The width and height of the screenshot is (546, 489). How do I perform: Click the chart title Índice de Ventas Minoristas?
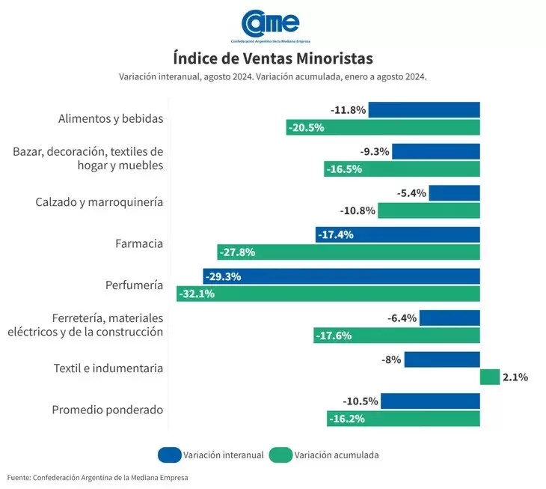(272, 58)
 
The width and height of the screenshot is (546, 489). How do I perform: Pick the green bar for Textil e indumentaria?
(490, 377)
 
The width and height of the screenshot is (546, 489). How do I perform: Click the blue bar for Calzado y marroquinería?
(455, 193)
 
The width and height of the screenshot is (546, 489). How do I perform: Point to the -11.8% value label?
(349, 110)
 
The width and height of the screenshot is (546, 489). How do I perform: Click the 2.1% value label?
(515, 377)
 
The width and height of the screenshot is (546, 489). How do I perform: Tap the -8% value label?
(392, 359)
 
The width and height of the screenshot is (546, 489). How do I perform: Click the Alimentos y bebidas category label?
(111, 118)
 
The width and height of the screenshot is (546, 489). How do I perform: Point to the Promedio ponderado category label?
(108, 410)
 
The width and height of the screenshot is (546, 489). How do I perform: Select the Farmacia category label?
(139, 243)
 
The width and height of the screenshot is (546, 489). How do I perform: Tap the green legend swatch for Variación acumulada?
(280, 455)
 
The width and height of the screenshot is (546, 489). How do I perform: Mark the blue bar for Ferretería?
(450, 318)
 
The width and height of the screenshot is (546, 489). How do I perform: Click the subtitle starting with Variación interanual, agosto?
(272, 77)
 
